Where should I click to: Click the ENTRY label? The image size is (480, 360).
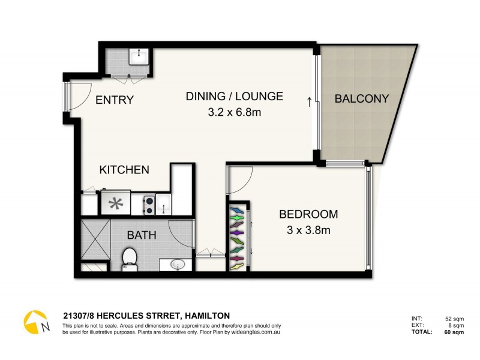[x=114, y=100]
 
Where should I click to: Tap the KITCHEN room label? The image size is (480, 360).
[x=124, y=170]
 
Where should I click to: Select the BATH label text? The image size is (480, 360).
[x=141, y=235]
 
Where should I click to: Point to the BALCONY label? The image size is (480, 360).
[x=362, y=98]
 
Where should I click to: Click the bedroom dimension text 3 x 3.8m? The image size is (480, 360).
[x=308, y=229]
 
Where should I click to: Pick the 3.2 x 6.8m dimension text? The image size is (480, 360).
[x=234, y=112]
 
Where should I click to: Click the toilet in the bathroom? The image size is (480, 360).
[x=130, y=258]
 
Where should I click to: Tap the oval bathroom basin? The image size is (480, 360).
[x=178, y=263]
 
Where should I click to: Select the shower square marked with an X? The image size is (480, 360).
[x=95, y=238]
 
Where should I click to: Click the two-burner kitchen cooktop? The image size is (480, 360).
[x=149, y=205]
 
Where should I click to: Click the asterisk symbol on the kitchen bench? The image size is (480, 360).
[x=115, y=202]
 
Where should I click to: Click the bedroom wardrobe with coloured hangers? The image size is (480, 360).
[x=238, y=235]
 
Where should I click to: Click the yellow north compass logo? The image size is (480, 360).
[x=36, y=322]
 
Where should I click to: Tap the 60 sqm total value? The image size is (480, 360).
[x=454, y=332]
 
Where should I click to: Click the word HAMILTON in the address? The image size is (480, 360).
[x=208, y=315]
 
